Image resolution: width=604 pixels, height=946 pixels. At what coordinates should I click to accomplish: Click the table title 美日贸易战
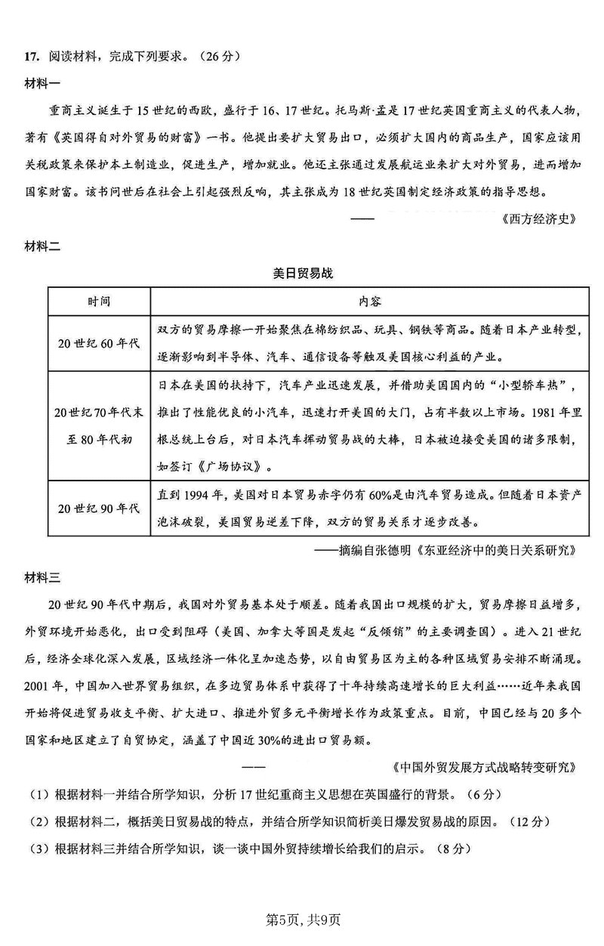click(302, 274)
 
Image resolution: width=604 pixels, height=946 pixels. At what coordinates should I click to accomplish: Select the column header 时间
click(99, 301)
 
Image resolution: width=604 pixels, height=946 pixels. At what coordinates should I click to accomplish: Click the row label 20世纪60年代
click(99, 343)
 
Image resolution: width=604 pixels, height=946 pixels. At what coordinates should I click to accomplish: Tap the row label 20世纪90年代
click(99, 508)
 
